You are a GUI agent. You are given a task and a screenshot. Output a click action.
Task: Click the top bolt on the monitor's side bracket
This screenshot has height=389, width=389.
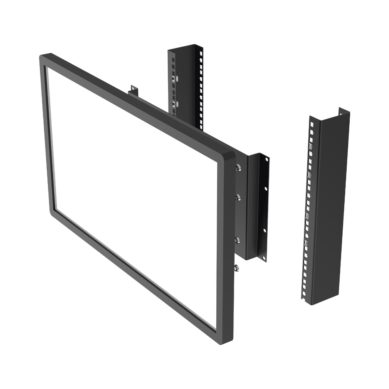coord(238,168)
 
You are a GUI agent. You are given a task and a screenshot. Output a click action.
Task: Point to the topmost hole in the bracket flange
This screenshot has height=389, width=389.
coord(266,159)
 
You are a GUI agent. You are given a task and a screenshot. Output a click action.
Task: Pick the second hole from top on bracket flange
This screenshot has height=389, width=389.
coord(266,188)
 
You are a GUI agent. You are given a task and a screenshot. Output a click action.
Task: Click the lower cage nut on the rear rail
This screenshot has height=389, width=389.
coord(176,103)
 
